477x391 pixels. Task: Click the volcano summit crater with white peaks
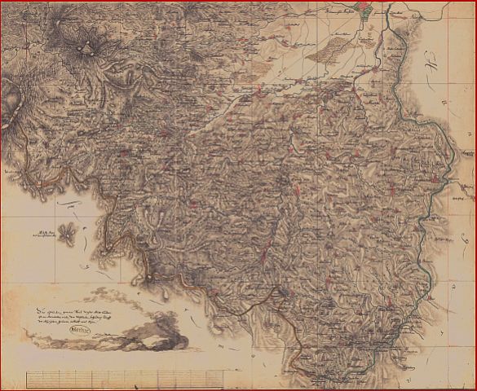pos(84,49)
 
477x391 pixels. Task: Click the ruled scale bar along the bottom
pos(126,377)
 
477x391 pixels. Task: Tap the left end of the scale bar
pos(27,377)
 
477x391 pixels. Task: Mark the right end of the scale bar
pos(226,377)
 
